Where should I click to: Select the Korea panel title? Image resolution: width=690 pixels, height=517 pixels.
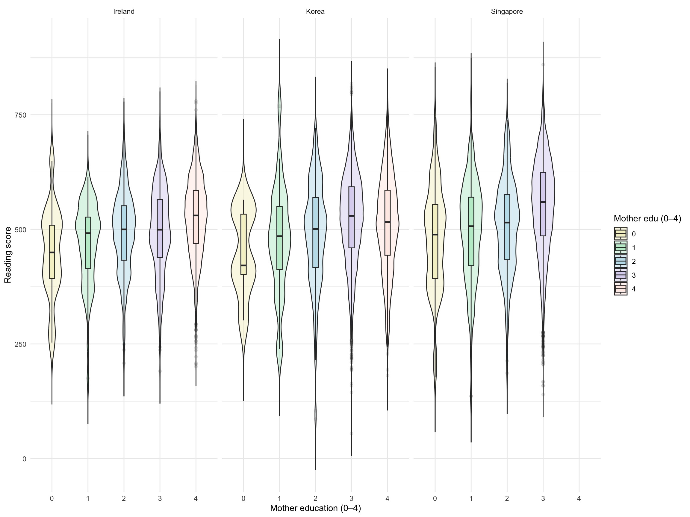[315, 12]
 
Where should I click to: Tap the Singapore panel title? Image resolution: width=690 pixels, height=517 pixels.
[507, 12]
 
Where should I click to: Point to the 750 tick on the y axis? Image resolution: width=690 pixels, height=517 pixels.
[20, 115]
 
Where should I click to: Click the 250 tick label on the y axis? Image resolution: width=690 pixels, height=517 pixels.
[20, 344]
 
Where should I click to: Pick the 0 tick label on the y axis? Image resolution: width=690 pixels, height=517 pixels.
[24, 459]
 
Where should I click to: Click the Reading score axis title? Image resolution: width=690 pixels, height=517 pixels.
[8, 255]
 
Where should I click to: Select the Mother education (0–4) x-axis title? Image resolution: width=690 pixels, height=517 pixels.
[315, 508]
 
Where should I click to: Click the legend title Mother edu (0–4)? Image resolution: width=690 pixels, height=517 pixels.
[647, 218]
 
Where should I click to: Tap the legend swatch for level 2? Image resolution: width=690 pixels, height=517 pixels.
[621, 261]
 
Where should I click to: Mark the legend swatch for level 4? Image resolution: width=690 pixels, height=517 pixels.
[621, 289]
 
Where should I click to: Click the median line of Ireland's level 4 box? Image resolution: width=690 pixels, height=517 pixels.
[196, 215]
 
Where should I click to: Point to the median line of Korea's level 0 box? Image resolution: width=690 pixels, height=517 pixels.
[243, 265]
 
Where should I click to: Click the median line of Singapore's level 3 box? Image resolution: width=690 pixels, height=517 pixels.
[543, 202]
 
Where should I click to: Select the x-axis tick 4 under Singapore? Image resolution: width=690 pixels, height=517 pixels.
[579, 498]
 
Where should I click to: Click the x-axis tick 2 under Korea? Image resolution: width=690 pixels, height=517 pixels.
[315, 498]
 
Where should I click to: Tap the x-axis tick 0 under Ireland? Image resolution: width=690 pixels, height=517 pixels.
[52, 498]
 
